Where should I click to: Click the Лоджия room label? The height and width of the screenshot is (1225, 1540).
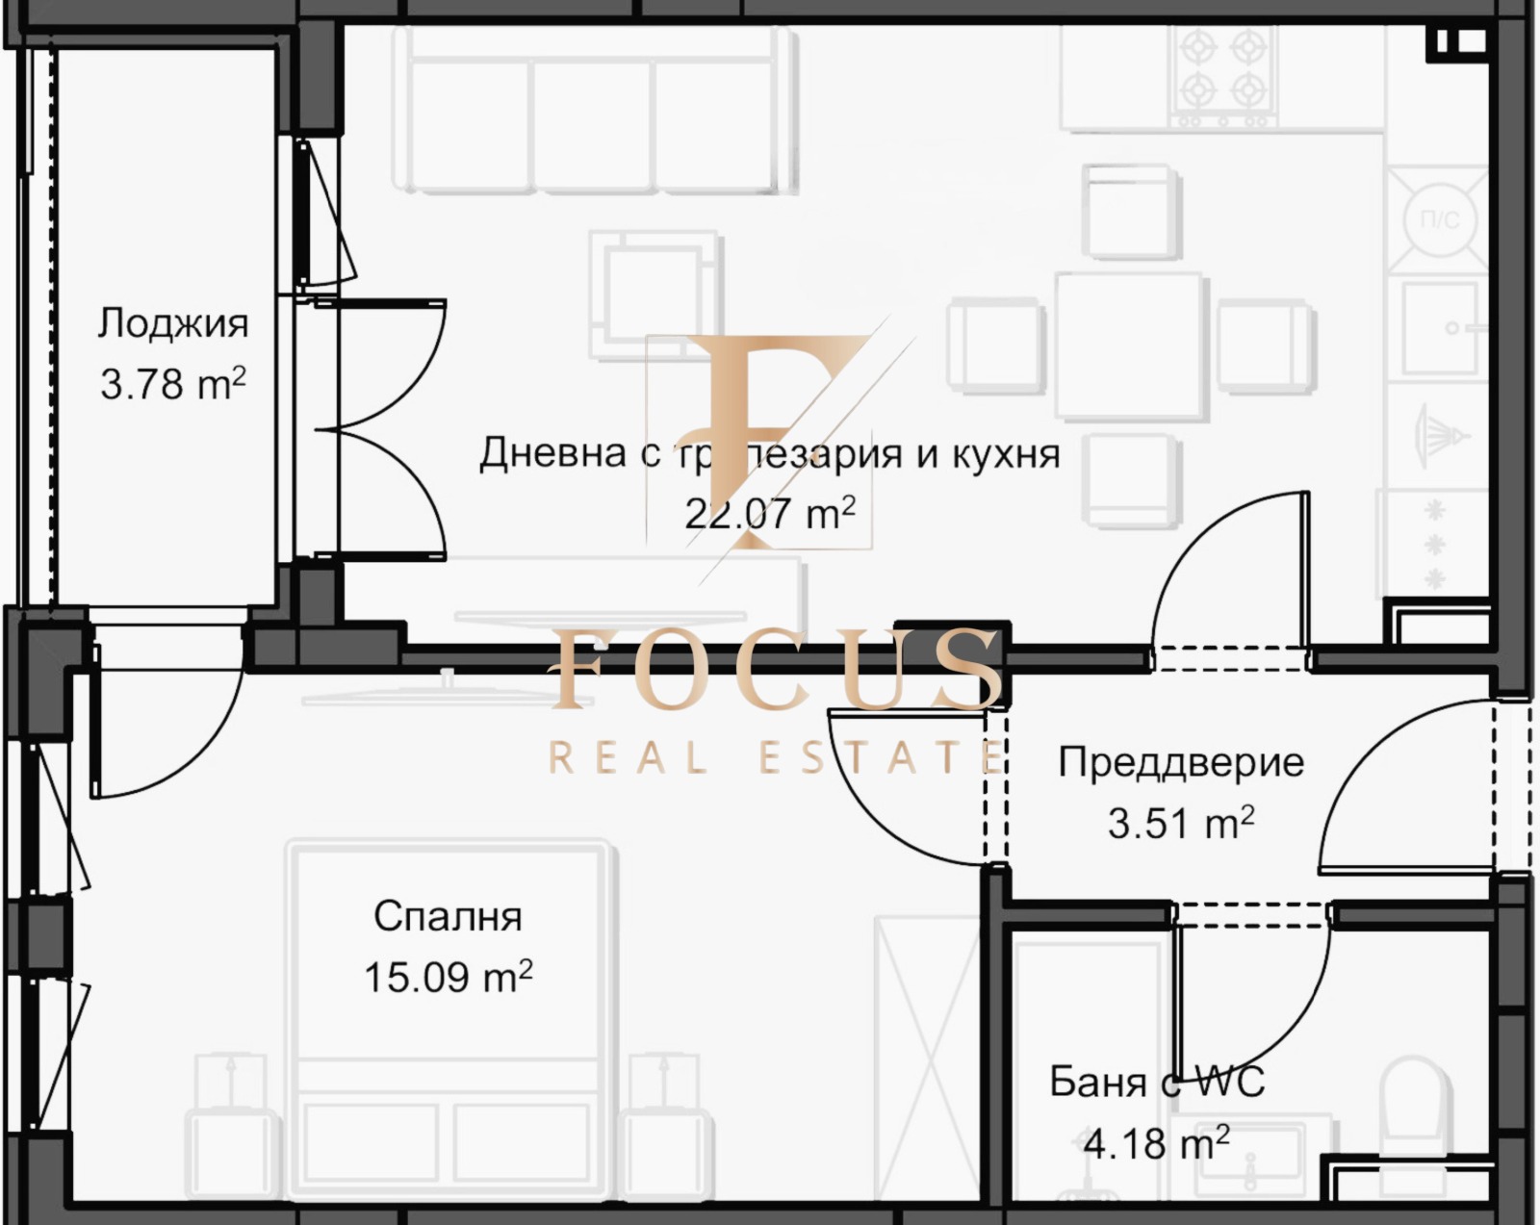[x=173, y=323]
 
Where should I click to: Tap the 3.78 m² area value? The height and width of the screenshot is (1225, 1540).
[x=173, y=384]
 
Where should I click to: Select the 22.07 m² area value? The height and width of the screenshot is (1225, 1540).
[x=770, y=513]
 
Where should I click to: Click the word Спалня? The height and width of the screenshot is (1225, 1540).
[x=448, y=916]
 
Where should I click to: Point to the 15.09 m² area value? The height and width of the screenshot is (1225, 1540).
[x=448, y=977]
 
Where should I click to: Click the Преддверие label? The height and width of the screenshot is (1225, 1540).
[x=1181, y=762]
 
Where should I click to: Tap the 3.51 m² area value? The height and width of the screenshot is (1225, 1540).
[x=1181, y=823]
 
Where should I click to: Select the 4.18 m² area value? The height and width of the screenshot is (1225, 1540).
[x=1156, y=1143]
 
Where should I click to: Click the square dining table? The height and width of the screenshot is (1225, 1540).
[x=1131, y=346]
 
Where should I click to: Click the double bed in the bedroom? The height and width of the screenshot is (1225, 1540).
[x=448, y=1020]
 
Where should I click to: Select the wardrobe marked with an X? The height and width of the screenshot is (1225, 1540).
[x=927, y=1059]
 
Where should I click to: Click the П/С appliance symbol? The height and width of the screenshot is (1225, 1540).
[x=1440, y=220]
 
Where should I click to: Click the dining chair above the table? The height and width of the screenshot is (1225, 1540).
[x=1131, y=212]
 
